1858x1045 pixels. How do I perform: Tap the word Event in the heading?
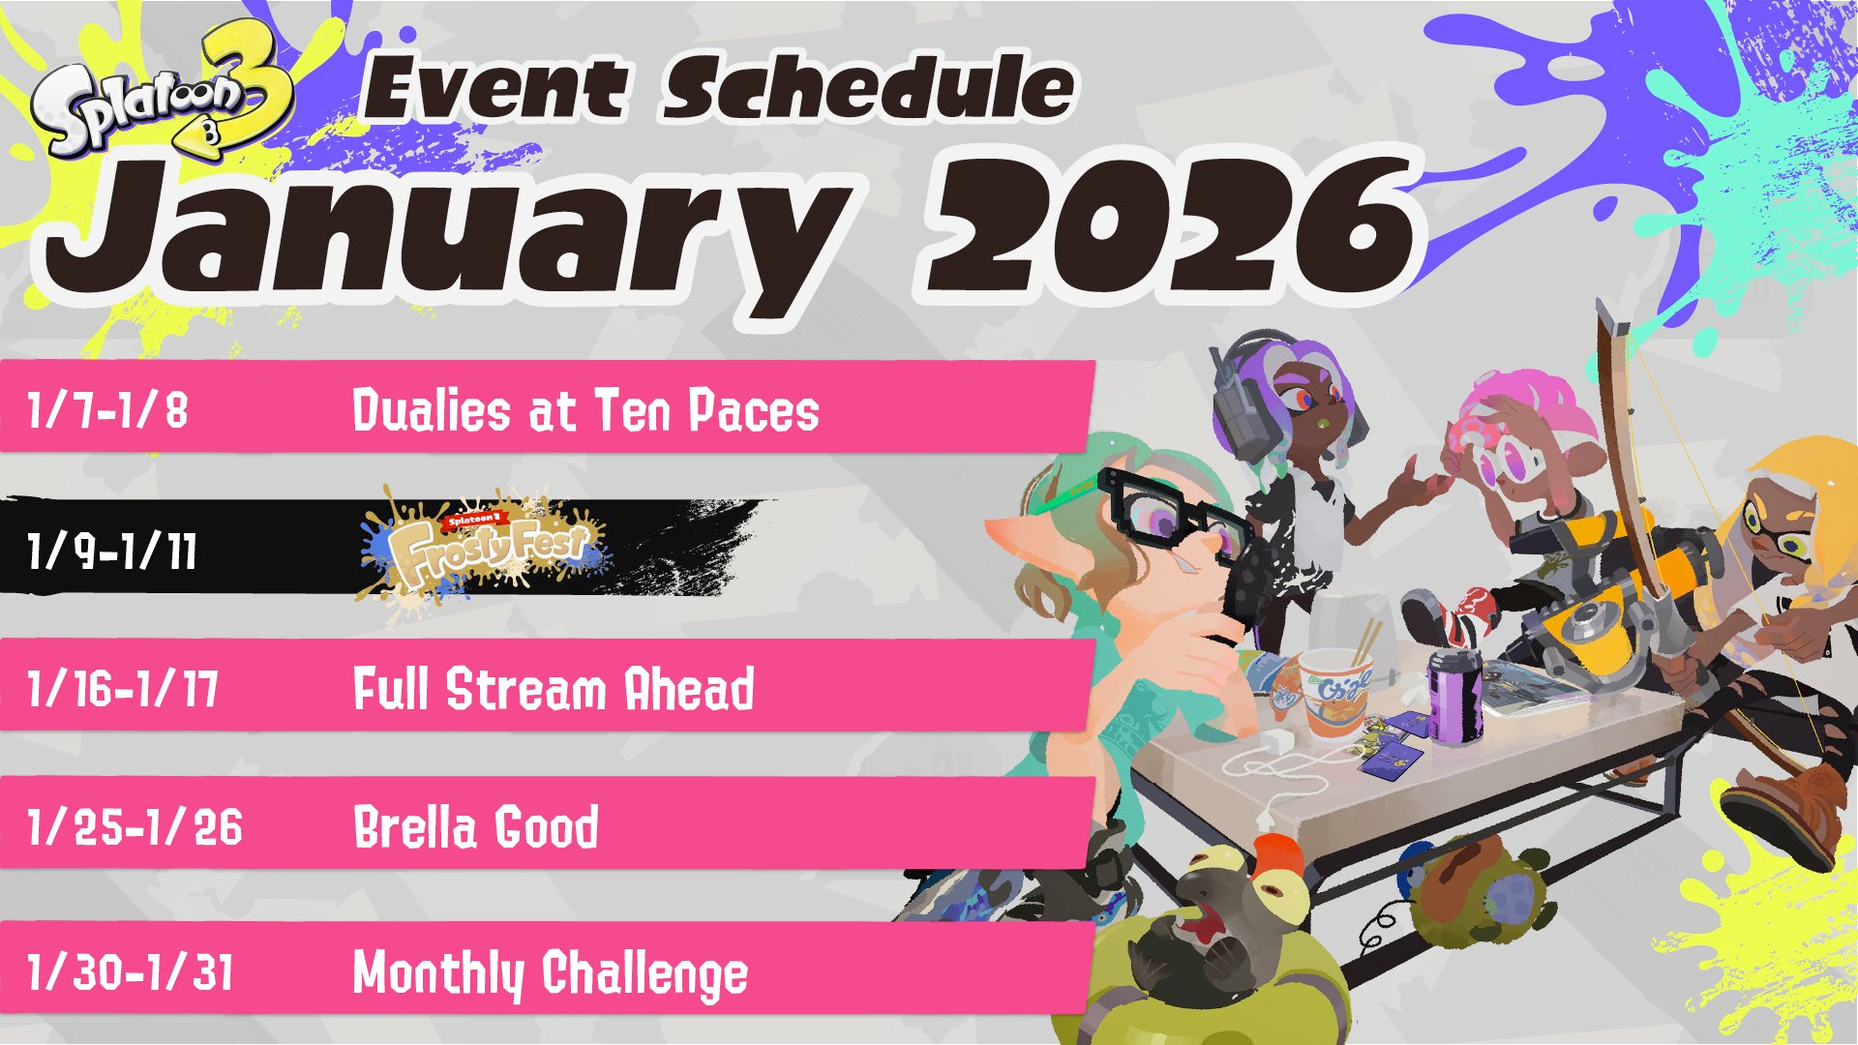click(x=495, y=89)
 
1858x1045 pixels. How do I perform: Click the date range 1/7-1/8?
click(x=107, y=409)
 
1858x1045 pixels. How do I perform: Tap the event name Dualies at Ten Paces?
click(x=585, y=409)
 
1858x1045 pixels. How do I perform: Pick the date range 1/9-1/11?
click(x=112, y=552)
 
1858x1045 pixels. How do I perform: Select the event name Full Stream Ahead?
click(x=554, y=689)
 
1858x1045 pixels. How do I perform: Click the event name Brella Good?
click(x=476, y=827)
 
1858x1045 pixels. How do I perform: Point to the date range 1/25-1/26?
click(x=135, y=827)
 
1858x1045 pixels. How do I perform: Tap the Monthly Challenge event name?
click(x=551, y=973)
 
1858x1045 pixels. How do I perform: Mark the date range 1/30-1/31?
click(x=131, y=971)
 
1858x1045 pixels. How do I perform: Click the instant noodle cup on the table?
click(x=1335, y=692)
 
